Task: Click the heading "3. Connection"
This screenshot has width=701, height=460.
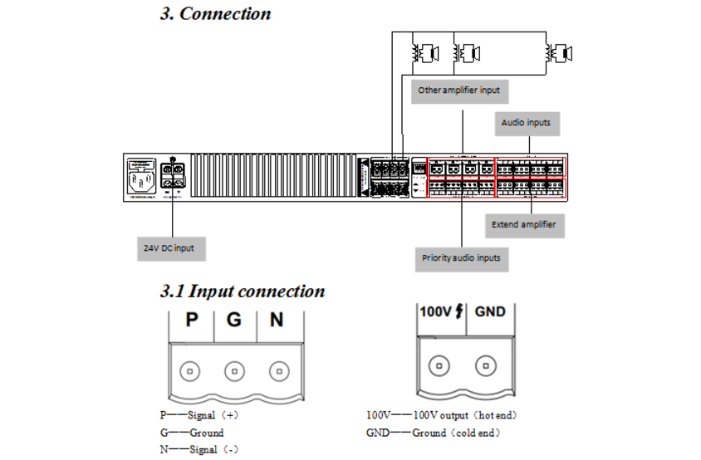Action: [x=215, y=14]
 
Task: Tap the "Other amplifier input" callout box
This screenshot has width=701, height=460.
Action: [x=458, y=90]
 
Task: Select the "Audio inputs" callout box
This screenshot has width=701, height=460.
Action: [x=526, y=123]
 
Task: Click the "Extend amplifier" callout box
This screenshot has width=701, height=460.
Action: [x=523, y=224]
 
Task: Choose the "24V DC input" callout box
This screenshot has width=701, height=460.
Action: [x=172, y=247]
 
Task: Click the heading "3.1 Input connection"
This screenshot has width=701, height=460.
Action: [x=243, y=291]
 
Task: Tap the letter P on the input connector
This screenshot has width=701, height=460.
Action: [x=192, y=320]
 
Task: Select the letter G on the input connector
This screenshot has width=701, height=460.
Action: [x=234, y=320]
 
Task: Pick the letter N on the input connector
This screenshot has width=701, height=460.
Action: [x=277, y=320]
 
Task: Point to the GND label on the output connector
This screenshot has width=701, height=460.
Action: [x=489, y=312]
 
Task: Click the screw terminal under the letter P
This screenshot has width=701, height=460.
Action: [x=192, y=370]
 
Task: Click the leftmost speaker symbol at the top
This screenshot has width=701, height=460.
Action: [x=425, y=54]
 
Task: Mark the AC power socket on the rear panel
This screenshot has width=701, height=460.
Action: [x=139, y=179]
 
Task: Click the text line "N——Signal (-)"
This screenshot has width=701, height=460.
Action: [x=199, y=449]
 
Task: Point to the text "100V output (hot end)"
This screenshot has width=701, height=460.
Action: [x=466, y=414]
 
